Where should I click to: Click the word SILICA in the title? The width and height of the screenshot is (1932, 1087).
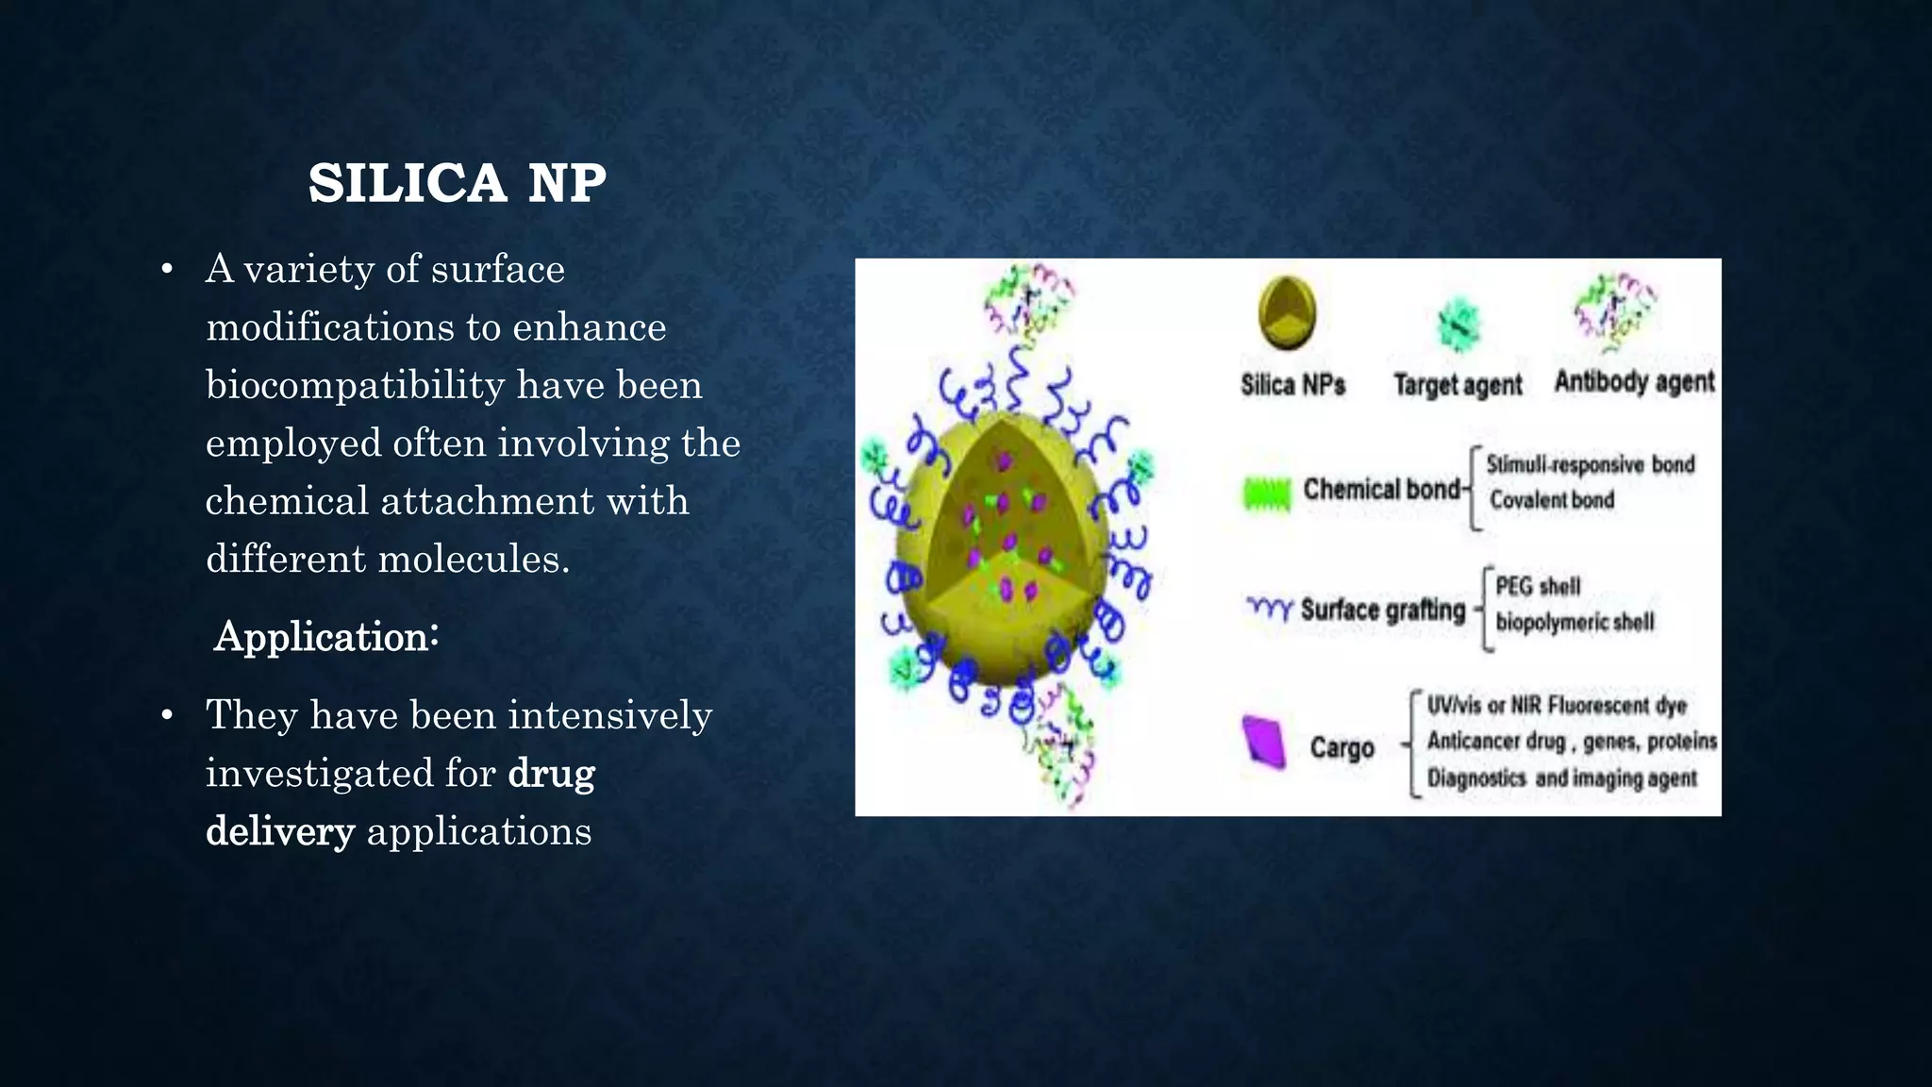tap(407, 183)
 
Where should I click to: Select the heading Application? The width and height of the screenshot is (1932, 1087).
tap(326, 637)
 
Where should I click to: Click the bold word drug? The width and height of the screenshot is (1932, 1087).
tap(551, 774)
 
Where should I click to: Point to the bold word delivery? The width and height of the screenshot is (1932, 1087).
tap(280, 831)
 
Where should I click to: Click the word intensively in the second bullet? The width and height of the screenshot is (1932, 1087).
tap(609, 715)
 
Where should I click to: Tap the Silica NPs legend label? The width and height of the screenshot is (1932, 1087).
tap(1292, 385)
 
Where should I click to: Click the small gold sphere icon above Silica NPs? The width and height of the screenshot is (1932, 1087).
tap(1287, 313)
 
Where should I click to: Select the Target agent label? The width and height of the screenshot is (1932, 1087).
tap(1457, 385)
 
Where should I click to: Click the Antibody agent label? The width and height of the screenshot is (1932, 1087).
tap(1634, 382)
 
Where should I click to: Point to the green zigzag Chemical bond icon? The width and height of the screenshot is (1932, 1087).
tap(1266, 493)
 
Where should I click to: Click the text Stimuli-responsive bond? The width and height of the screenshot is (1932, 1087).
tap(1591, 464)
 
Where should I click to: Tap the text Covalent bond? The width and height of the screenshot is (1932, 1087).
tap(1552, 500)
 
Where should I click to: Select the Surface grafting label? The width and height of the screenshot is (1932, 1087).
tap(1383, 610)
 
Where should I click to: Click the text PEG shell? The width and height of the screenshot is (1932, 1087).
tap(1538, 586)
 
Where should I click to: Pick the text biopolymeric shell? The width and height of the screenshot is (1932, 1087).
tap(1574, 622)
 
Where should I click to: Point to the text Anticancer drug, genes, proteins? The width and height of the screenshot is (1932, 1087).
tap(1572, 742)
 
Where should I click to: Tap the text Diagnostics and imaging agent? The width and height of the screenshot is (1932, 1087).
tap(1561, 778)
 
